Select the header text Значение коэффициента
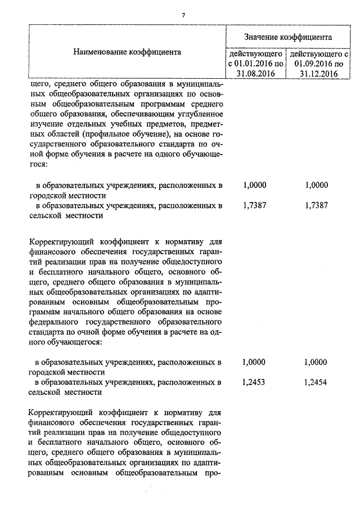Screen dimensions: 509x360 tap(287, 37)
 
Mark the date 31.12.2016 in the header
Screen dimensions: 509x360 tap(318, 73)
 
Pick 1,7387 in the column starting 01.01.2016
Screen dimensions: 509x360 tap(254, 205)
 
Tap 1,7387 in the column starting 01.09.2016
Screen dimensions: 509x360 tap(315, 205)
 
